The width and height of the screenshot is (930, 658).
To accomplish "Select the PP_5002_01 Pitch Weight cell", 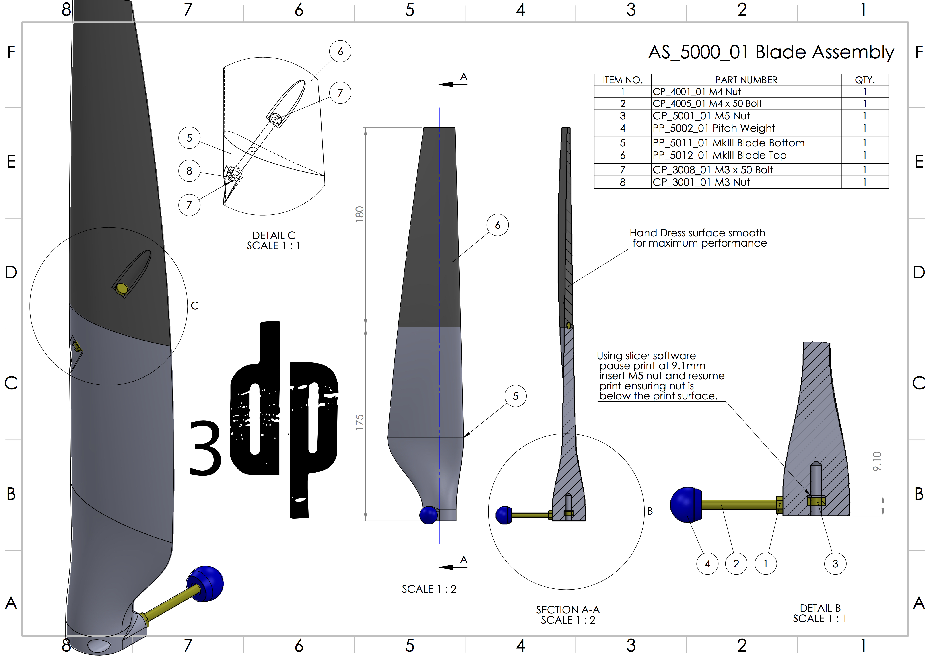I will [x=714, y=128].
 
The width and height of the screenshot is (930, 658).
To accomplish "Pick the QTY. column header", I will [x=864, y=80].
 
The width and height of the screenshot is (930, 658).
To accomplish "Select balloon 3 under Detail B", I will [x=835, y=564].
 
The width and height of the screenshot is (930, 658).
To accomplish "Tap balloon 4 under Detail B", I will [x=707, y=564].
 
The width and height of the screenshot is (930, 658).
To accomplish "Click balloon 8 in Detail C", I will [x=189, y=171].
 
